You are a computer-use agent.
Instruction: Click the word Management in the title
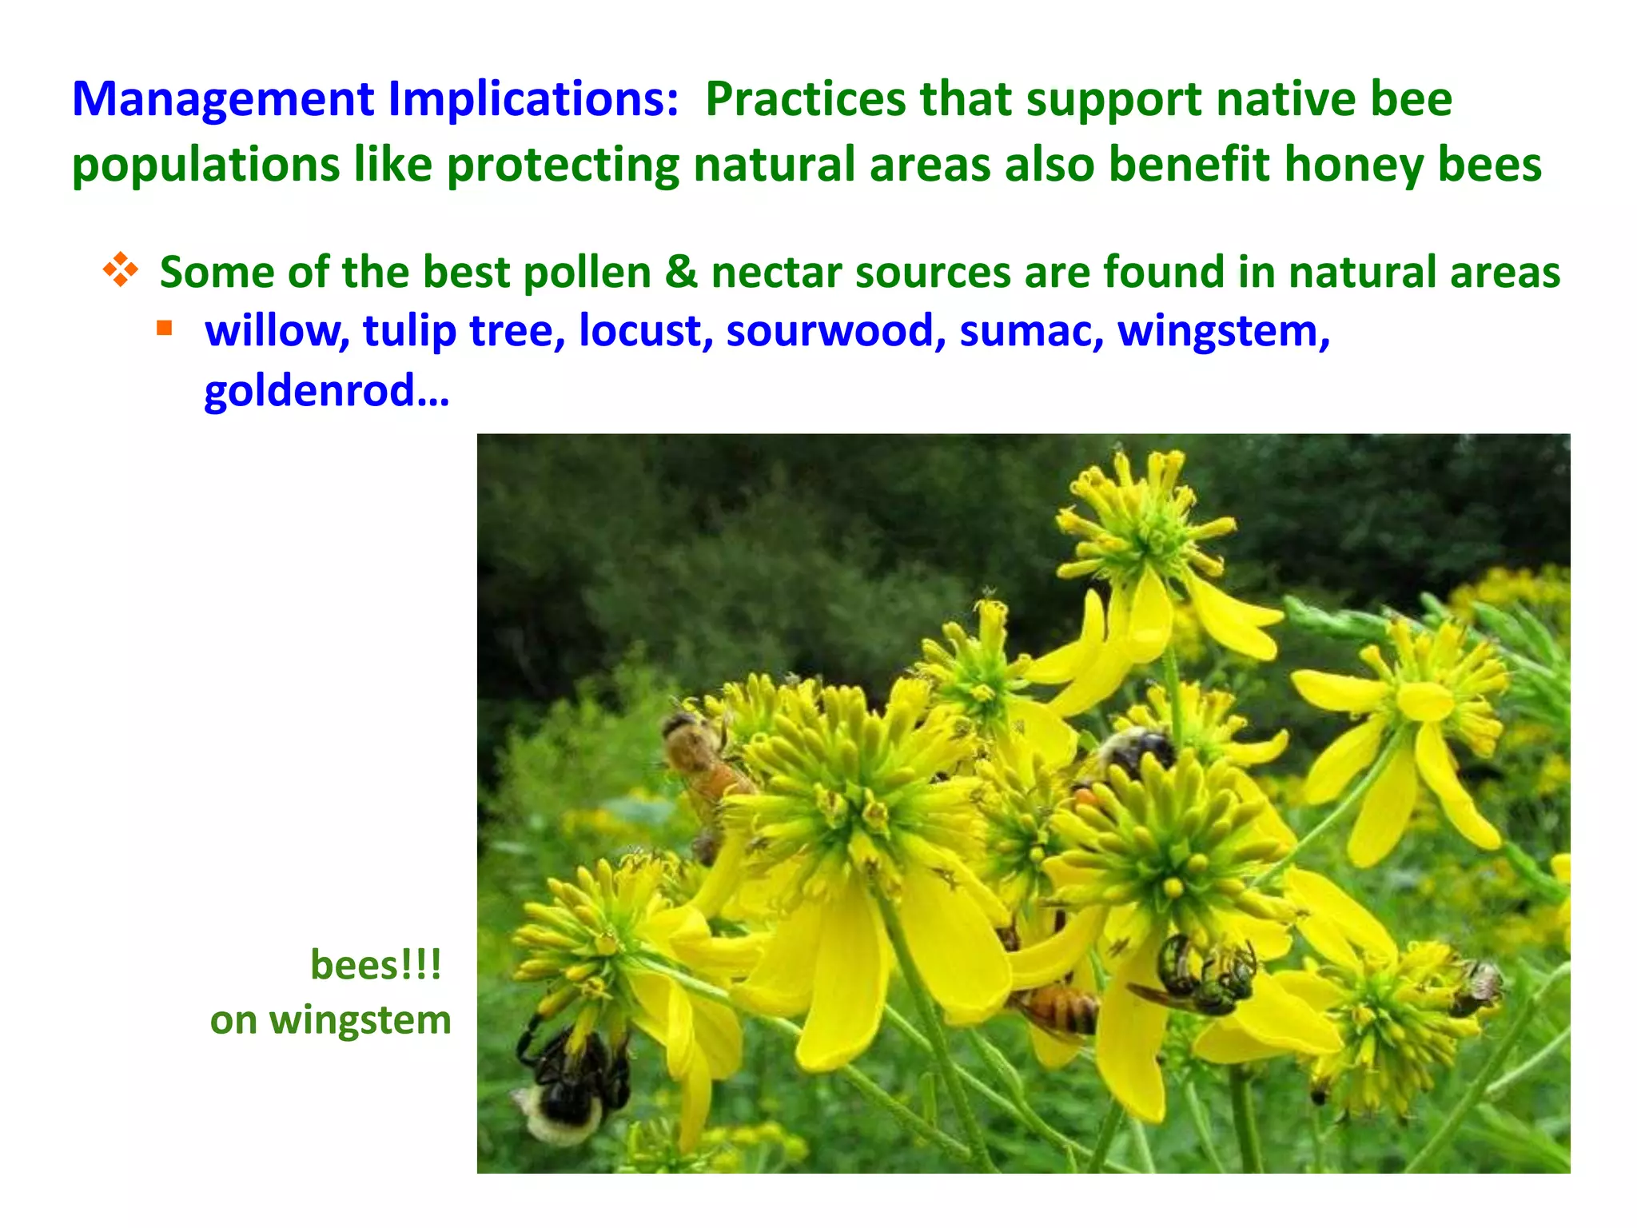(x=223, y=100)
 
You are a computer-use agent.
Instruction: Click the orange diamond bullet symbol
(x=120, y=270)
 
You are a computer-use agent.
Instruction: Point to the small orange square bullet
(x=165, y=328)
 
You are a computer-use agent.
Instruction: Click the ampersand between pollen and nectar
(x=681, y=272)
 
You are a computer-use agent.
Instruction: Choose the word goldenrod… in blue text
(x=326, y=391)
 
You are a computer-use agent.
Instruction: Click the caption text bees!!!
(x=376, y=965)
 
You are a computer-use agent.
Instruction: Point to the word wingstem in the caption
(x=360, y=1021)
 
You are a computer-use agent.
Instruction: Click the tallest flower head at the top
(x=1143, y=520)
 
